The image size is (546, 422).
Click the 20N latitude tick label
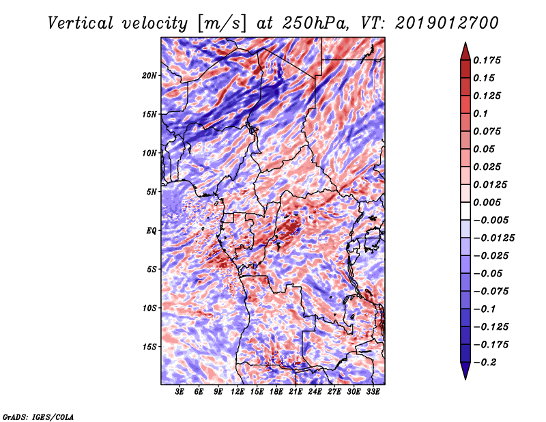tap(149, 75)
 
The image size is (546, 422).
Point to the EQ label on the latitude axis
tap(152, 230)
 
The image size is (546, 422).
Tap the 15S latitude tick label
tap(149, 347)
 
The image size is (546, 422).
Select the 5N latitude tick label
tap(152, 192)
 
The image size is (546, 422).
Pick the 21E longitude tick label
tap(296, 391)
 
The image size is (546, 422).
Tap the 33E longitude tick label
tap(373, 391)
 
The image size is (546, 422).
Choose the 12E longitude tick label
tap(237, 391)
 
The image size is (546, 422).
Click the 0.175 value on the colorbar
tap(487, 60)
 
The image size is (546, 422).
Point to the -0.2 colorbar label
tap(485, 363)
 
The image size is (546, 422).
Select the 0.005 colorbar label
tap(487, 202)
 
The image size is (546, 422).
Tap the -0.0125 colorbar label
tap(493, 238)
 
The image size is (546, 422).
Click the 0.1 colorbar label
tap(480, 113)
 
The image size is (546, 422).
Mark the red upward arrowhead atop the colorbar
tap(465, 51)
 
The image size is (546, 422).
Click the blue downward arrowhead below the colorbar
tap(465, 371)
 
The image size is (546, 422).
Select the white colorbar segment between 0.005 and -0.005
tap(465, 211)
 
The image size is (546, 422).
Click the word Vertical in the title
tap(81, 23)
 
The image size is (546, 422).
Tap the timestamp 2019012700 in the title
tap(447, 23)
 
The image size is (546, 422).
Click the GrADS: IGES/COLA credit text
tap(38, 417)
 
